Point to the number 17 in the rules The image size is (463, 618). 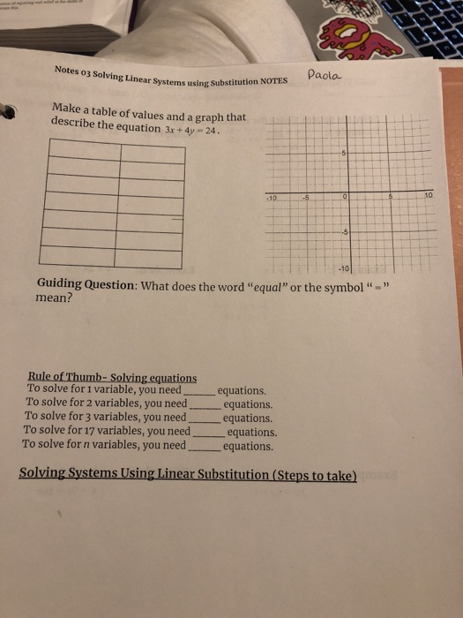pos(96,432)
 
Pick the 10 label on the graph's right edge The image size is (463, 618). pos(428,193)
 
